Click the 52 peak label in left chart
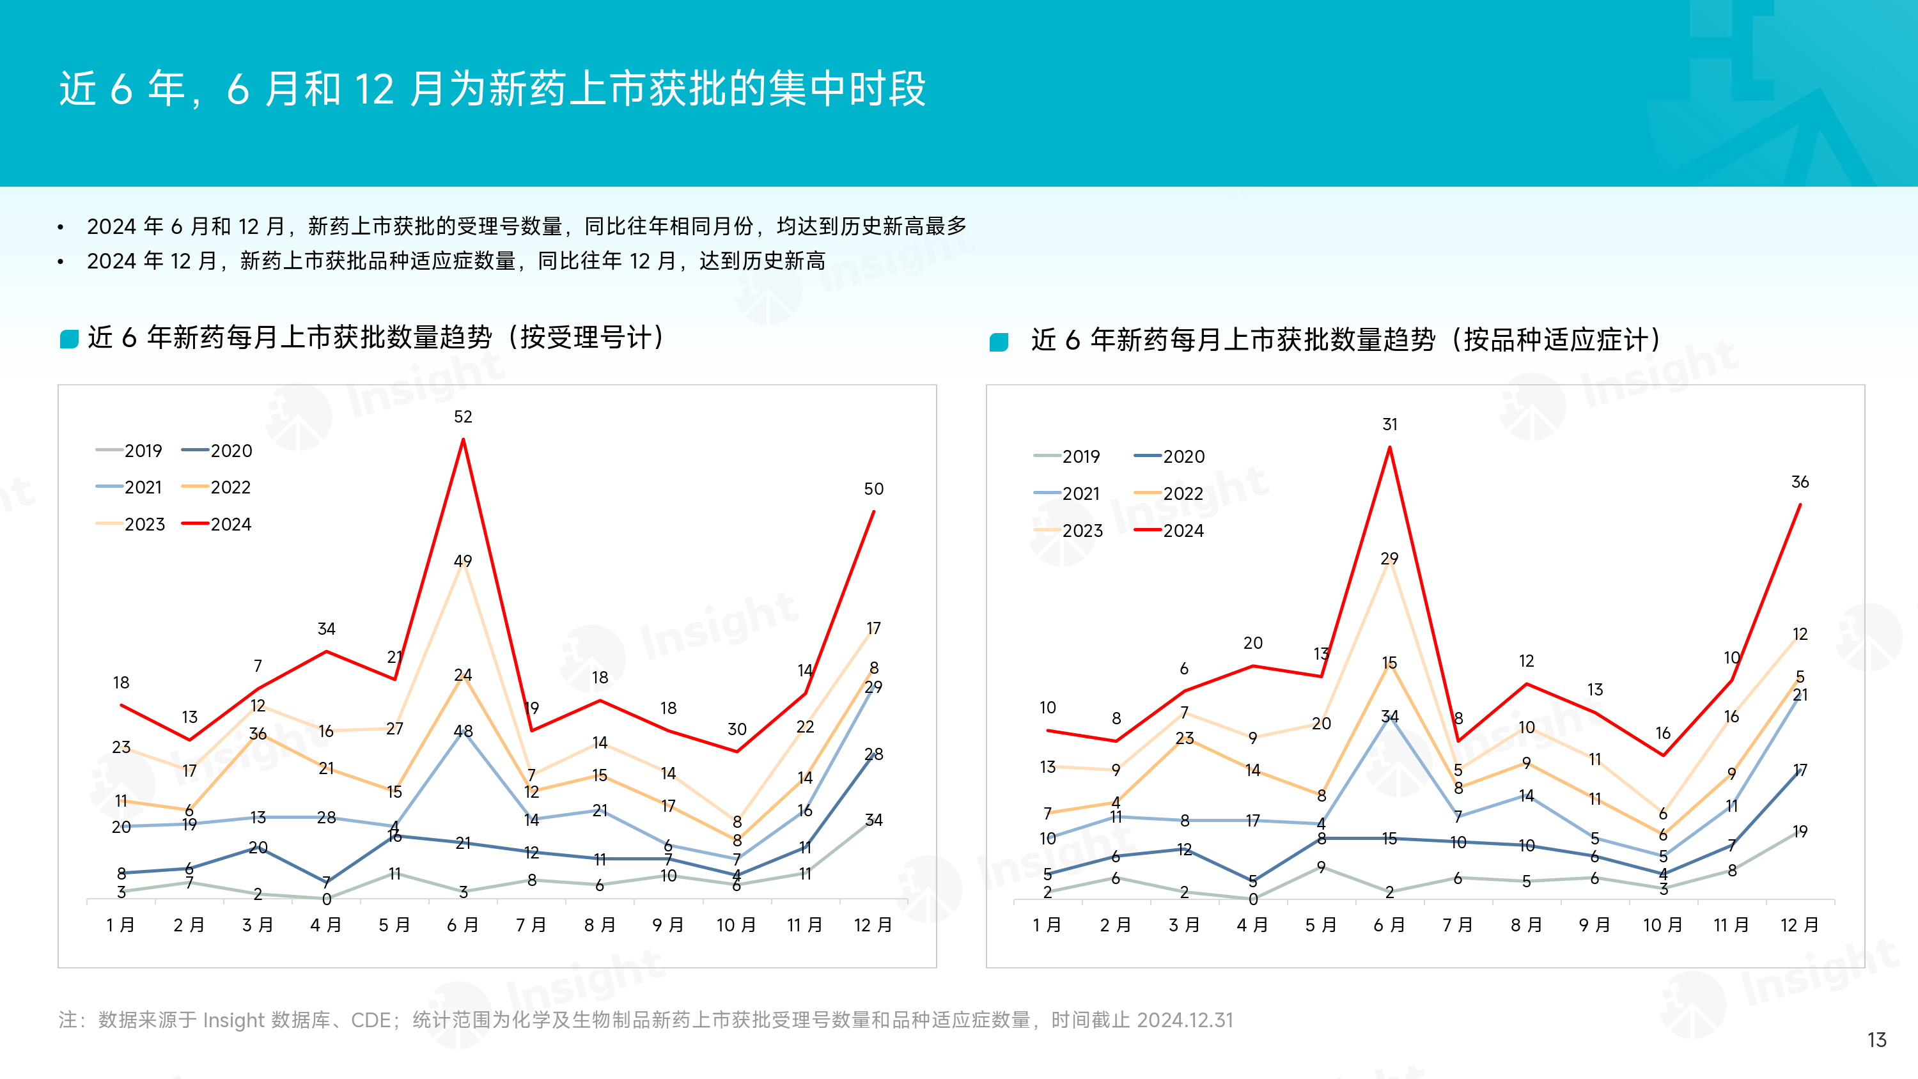(x=462, y=417)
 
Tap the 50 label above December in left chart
(x=873, y=489)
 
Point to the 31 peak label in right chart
(x=1389, y=424)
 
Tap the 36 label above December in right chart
(x=1800, y=482)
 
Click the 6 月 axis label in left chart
(x=462, y=925)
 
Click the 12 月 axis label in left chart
(x=873, y=925)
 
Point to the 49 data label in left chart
(x=462, y=561)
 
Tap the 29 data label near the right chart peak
(x=1389, y=559)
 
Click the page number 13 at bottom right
(x=1876, y=1039)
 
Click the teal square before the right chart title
(x=999, y=342)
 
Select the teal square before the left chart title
(x=69, y=339)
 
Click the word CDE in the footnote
(x=370, y=1020)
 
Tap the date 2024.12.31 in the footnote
(x=1185, y=1020)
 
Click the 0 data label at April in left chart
(x=326, y=899)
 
